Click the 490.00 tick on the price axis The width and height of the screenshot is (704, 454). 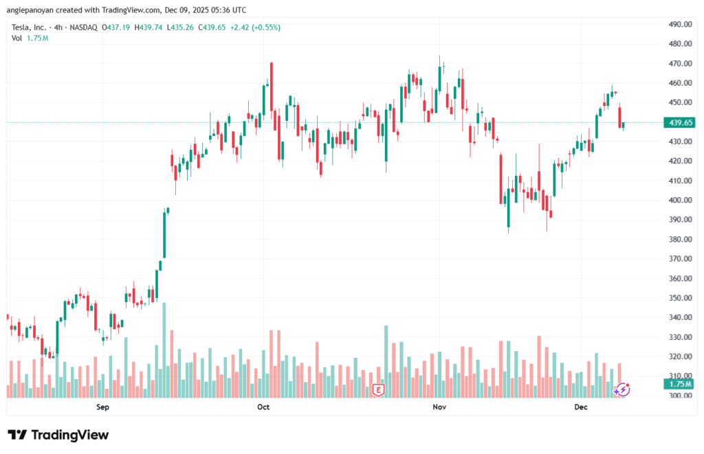(x=679, y=24)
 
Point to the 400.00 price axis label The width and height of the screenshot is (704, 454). (x=679, y=201)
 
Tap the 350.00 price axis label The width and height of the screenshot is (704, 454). (x=679, y=298)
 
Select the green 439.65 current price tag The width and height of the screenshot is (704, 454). (x=679, y=122)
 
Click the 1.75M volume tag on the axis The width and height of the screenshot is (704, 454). (x=679, y=384)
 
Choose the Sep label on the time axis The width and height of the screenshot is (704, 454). (x=102, y=407)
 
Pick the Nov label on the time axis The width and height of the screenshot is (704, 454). (x=440, y=407)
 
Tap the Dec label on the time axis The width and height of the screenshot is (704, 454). (x=581, y=407)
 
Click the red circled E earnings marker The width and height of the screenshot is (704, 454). (x=378, y=390)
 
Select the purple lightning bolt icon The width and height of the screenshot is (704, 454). (x=621, y=389)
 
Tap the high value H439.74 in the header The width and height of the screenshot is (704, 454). (x=151, y=27)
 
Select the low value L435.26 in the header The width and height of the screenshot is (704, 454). (x=181, y=27)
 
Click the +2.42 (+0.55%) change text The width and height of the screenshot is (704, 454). (x=256, y=27)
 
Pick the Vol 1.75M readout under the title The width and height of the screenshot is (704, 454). (x=30, y=38)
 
